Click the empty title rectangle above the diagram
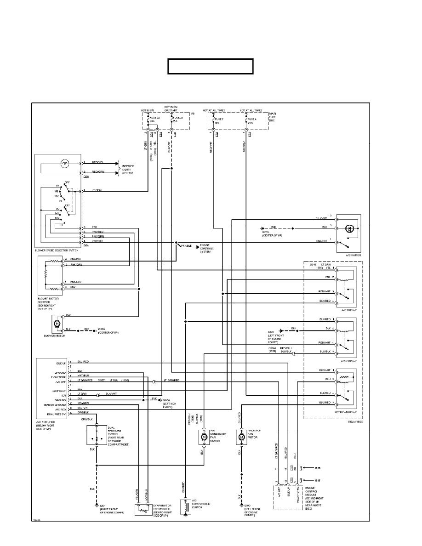coord(211,66)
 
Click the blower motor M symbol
coord(57,324)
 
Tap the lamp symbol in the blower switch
coord(64,163)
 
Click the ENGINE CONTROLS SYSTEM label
coord(208,249)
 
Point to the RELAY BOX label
coord(355,421)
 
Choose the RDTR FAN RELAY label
coord(348,412)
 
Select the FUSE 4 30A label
coord(252,121)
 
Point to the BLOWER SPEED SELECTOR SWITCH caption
coord(57,250)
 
